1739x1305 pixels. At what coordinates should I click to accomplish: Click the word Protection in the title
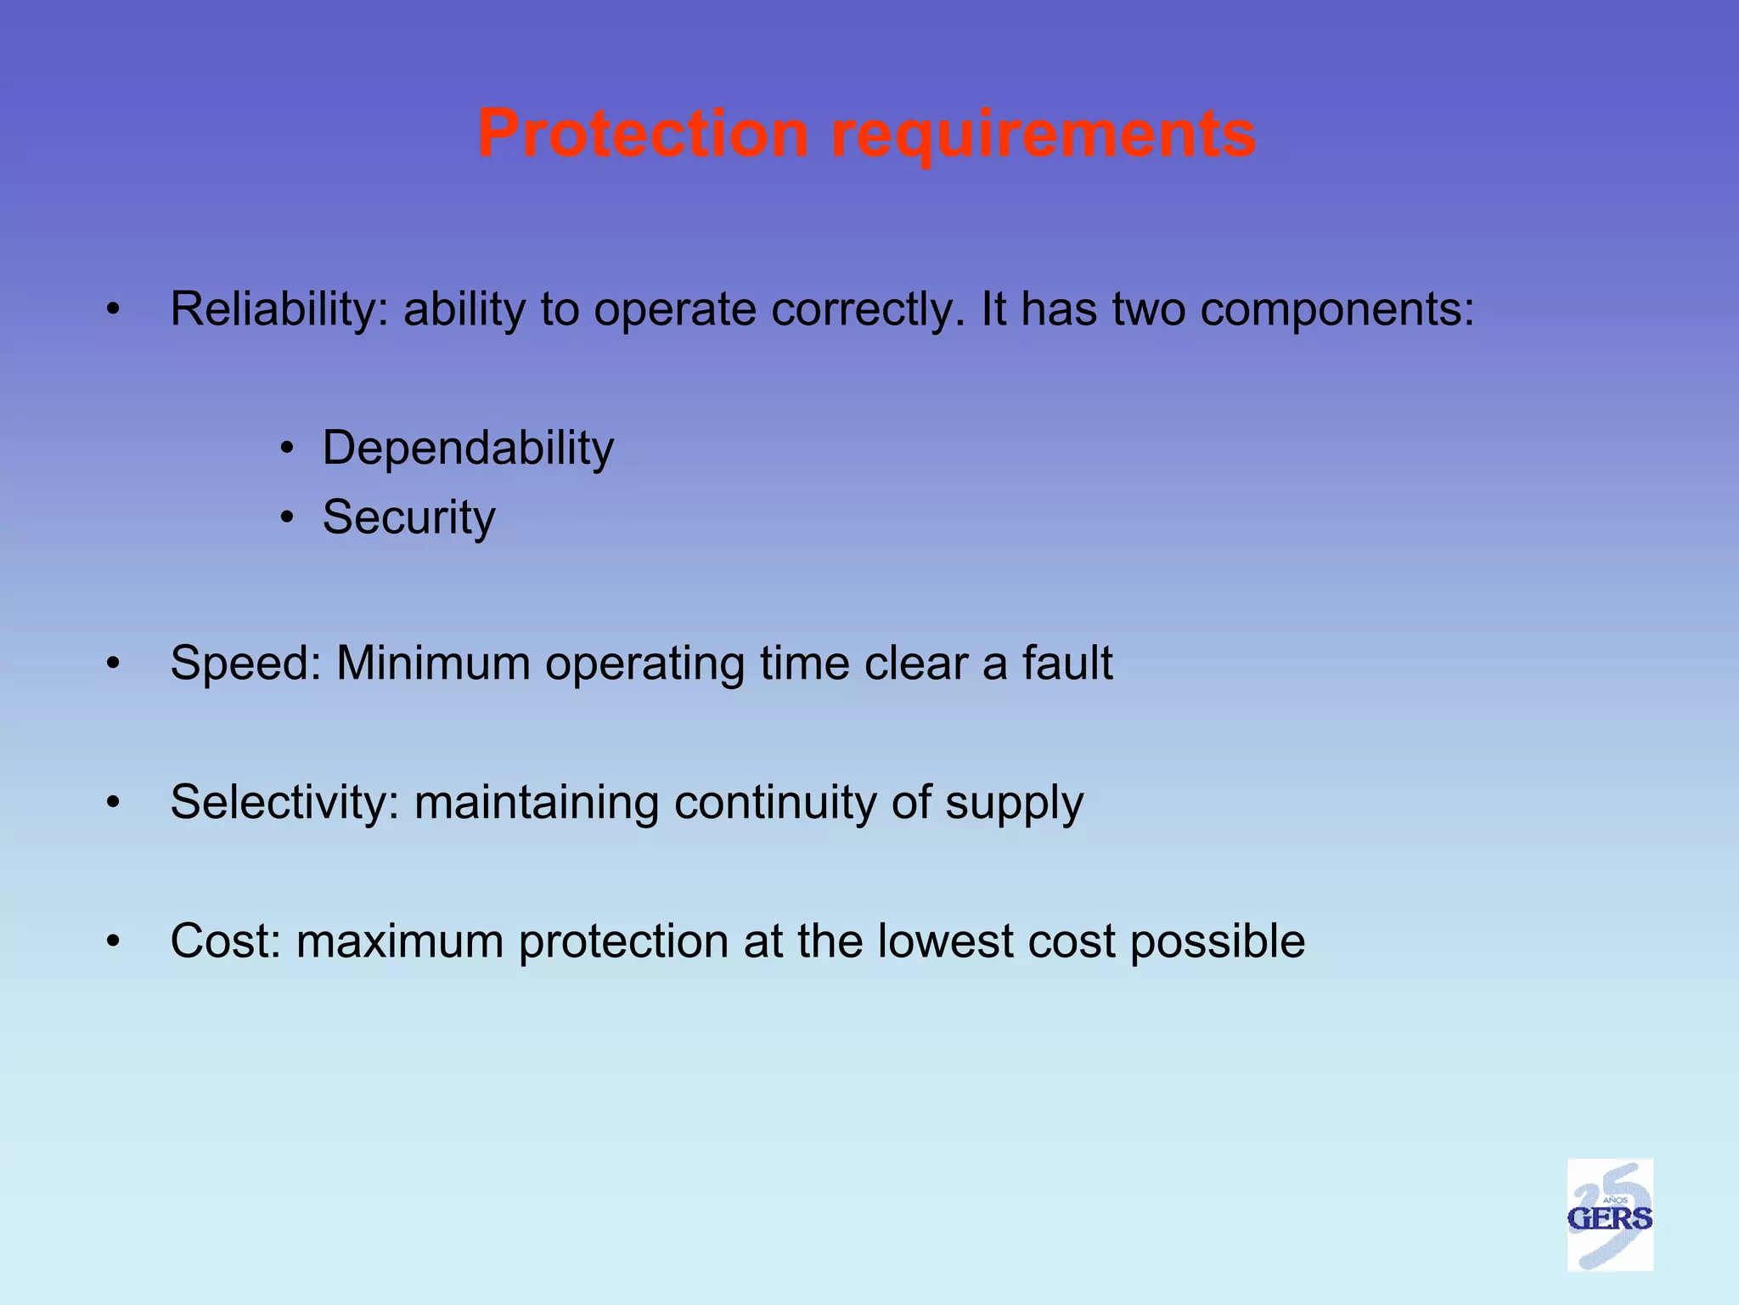point(643,133)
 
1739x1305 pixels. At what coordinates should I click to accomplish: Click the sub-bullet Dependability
point(468,448)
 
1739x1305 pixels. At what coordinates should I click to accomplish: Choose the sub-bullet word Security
point(408,517)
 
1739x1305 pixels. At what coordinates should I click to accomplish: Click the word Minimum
point(433,663)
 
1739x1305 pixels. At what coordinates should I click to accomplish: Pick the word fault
point(1066,663)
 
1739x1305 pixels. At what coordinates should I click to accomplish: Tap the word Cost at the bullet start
point(225,941)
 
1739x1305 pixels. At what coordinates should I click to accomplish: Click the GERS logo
point(1609,1215)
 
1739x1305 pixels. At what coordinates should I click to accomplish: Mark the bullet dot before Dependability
point(288,448)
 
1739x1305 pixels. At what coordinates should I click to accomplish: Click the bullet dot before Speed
point(113,664)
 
